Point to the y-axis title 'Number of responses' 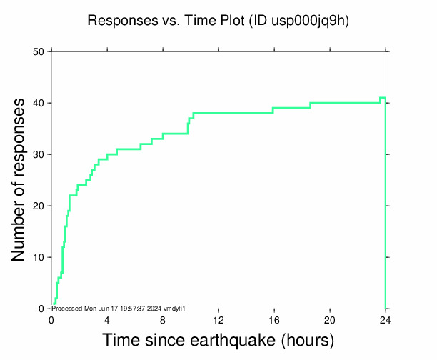21,180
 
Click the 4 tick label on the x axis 107,319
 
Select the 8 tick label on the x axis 163,319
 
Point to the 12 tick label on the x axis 218,319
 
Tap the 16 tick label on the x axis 274,319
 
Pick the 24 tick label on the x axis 386,319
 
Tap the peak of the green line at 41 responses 383,98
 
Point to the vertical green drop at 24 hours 386,207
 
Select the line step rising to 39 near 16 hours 273,111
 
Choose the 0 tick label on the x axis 51,319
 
